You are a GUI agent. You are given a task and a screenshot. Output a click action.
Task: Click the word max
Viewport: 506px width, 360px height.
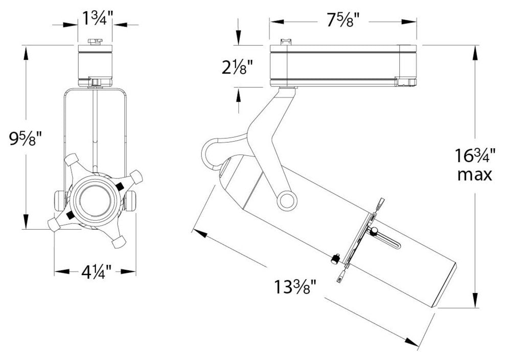(x=475, y=175)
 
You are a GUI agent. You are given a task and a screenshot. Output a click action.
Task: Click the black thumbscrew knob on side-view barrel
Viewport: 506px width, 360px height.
(x=336, y=259)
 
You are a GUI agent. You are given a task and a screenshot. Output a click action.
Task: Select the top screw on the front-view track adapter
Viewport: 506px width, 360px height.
(x=94, y=41)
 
